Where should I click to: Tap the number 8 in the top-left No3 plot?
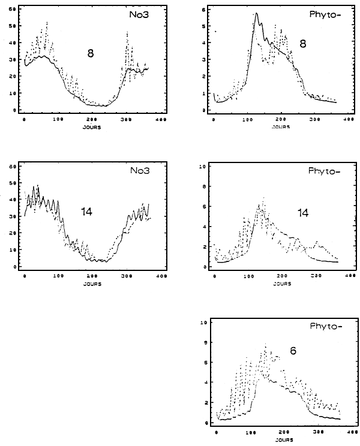click(x=91, y=53)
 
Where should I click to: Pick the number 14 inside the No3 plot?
click(x=87, y=211)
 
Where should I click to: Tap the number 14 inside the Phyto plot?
click(x=303, y=213)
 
